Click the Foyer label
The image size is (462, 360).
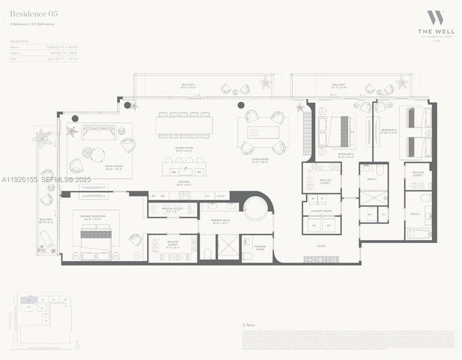(321, 245)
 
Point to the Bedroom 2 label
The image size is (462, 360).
(346, 155)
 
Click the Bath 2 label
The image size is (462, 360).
(372, 179)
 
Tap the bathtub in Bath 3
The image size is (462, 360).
(418, 234)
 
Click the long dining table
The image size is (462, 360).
(184, 125)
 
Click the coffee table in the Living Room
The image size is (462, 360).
(268, 132)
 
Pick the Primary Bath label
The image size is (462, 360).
(219, 221)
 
